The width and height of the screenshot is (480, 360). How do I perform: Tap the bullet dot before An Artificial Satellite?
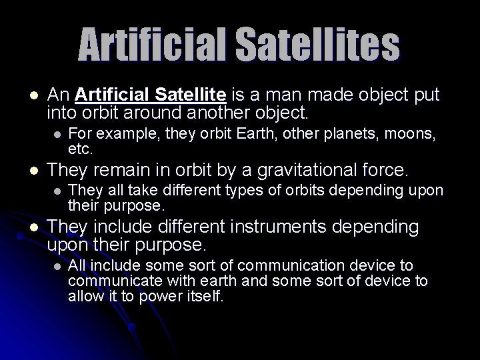click(x=33, y=94)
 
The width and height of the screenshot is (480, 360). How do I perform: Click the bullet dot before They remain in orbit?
click(x=33, y=169)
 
